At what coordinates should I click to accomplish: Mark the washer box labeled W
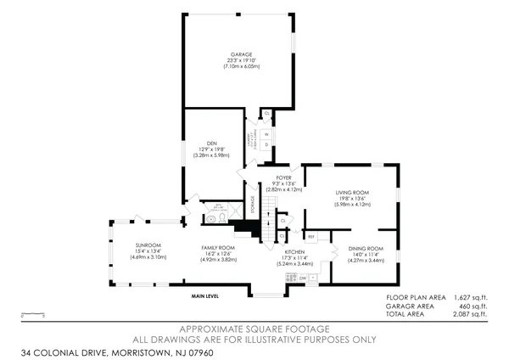266,133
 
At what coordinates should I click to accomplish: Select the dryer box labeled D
266,144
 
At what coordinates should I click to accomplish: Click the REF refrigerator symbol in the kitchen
311,236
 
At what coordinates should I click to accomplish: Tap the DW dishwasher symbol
303,277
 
